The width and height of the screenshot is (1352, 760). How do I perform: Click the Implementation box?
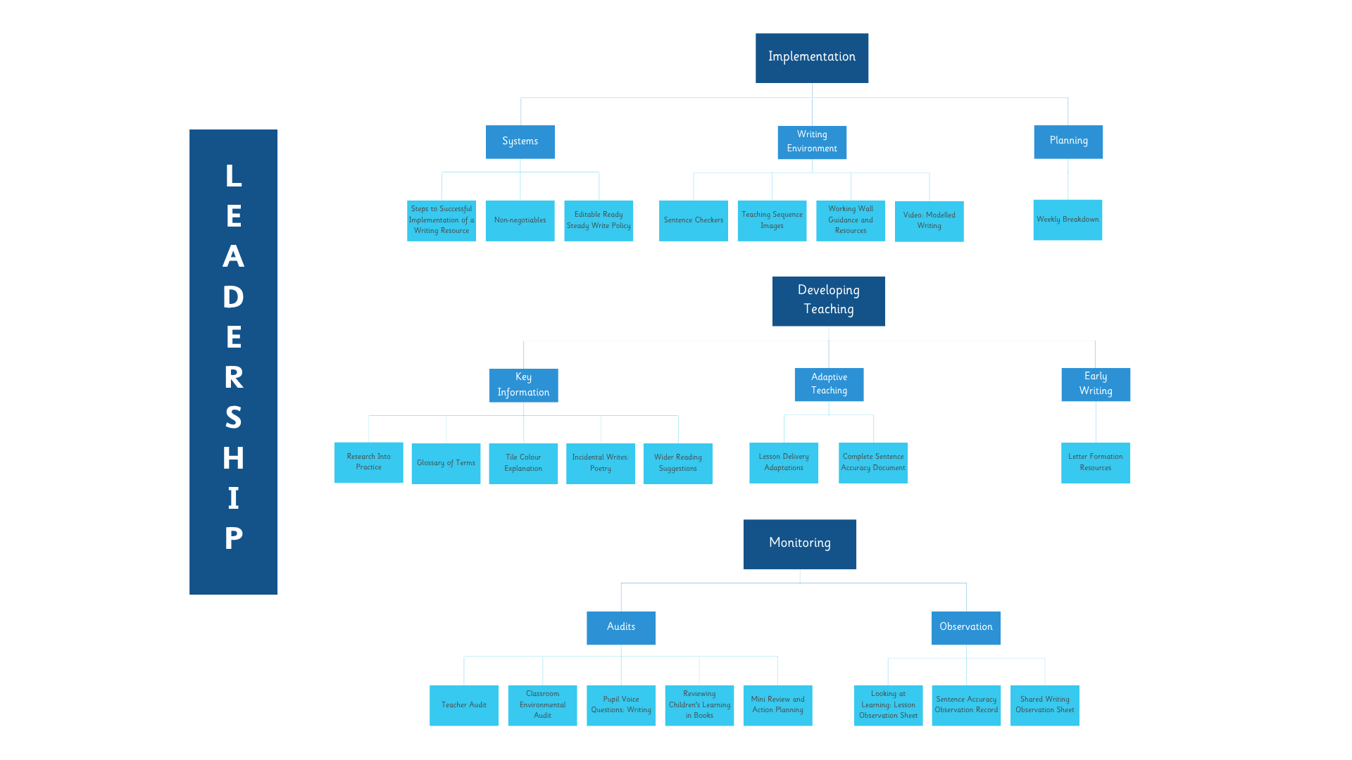(x=812, y=58)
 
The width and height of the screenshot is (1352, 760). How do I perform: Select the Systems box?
(x=520, y=141)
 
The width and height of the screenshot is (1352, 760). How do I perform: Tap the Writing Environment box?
(x=812, y=142)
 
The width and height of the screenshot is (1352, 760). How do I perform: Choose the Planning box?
(x=1068, y=141)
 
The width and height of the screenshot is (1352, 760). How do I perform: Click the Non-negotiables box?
(x=520, y=221)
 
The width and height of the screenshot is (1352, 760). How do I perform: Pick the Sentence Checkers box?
(x=694, y=221)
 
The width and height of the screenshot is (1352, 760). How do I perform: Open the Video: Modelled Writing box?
(x=930, y=221)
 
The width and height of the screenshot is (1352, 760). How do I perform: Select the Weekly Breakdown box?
(x=1068, y=220)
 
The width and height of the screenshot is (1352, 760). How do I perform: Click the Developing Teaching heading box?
(x=829, y=301)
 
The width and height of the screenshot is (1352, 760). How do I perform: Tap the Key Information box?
(x=524, y=385)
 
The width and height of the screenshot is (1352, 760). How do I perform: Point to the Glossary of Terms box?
(x=446, y=464)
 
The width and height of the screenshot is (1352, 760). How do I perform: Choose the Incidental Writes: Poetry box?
(x=601, y=464)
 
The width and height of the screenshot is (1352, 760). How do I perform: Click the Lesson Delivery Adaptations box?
(x=784, y=463)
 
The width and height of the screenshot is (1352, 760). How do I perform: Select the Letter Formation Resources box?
(x=1096, y=463)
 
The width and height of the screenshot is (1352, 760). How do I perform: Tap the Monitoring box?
(x=800, y=545)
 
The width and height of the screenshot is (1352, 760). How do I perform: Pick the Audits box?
(x=621, y=628)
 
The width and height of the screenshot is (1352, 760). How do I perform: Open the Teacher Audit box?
(x=464, y=706)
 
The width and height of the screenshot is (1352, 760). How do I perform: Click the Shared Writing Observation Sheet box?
(x=1045, y=706)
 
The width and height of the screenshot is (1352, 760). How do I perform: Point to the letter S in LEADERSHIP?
(x=234, y=418)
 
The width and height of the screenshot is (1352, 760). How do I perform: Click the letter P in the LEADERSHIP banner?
(x=234, y=539)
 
